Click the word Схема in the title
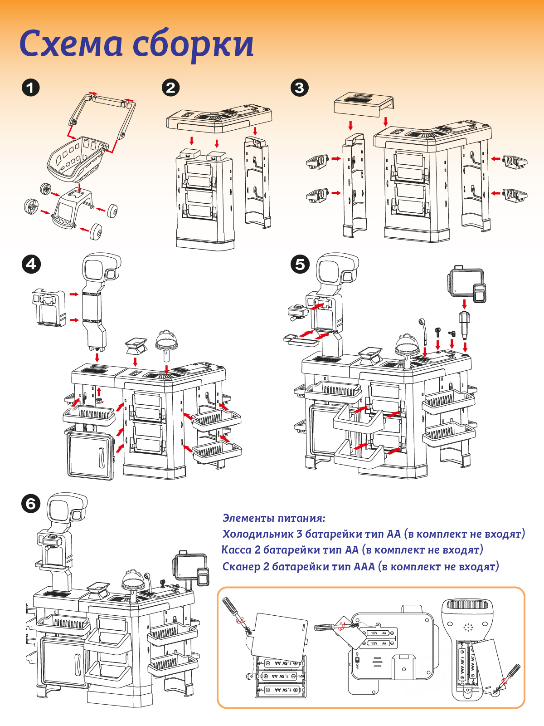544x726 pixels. click(x=71, y=44)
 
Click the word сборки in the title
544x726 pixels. click(x=193, y=45)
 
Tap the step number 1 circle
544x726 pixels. click(x=30, y=87)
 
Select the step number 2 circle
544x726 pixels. click(x=170, y=87)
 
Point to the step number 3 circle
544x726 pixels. click(x=299, y=87)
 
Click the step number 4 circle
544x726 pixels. click(x=31, y=264)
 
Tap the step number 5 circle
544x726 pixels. click(x=300, y=264)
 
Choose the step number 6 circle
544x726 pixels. click(x=31, y=504)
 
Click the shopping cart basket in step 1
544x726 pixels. click(x=75, y=157)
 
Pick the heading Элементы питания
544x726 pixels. click(x=274, y=518)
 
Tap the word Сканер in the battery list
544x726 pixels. click(x=241, y=566)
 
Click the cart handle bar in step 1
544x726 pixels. click(x=109, y=101)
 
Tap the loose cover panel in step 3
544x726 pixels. click(x=363, y=105)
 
